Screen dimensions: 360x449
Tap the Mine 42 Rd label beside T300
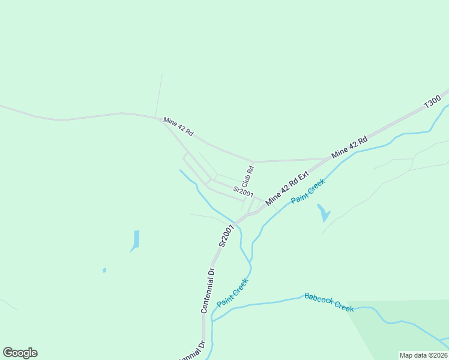349,148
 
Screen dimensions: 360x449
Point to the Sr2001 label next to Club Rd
243,191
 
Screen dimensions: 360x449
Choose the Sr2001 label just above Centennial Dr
226,236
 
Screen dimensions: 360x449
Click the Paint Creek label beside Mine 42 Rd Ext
307,191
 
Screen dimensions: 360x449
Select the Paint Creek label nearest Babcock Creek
232,292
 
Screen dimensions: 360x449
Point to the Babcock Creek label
329,302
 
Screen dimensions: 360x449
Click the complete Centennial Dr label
208,290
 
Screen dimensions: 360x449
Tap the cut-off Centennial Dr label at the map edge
193,351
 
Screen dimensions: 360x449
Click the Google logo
20,353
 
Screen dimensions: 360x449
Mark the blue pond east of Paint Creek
324,213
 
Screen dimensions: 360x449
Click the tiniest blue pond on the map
104,270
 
